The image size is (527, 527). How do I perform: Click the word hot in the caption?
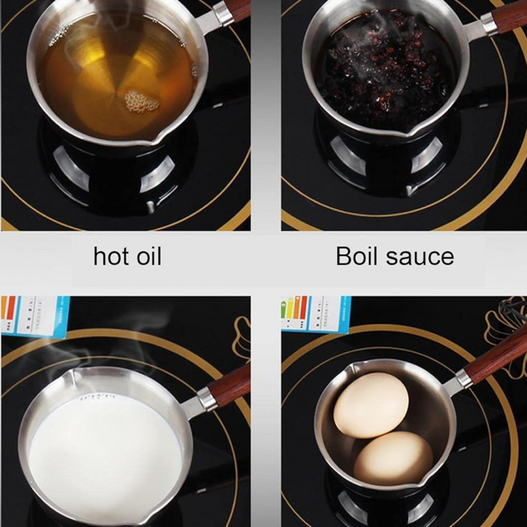pos(111,256)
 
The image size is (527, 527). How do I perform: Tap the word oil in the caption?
pos(146,256)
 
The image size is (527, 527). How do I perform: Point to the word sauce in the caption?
pos(422,256)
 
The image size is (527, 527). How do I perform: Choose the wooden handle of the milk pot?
pos(231,382)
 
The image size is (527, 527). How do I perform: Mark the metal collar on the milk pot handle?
pos(206,399)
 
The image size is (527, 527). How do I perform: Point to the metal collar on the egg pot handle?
pos(465,380)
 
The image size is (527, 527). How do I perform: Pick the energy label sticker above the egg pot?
pos(315,314)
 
